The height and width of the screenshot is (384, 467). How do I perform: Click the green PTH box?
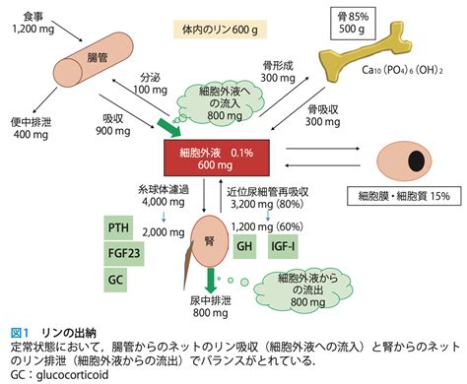[x=118, y=227]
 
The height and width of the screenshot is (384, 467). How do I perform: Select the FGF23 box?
[x=124, y=253]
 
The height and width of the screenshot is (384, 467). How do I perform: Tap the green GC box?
[x=115, y=280]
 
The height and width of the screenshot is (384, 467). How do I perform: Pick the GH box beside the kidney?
[x=244, y=246]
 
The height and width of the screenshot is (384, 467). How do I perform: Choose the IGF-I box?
[x=283, y=246]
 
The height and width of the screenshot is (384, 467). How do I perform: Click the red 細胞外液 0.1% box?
[x=217, y=158]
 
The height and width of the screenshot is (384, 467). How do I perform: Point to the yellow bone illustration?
[x=364, y=53]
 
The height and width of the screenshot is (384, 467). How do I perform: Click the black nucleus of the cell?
[x=417, y=160]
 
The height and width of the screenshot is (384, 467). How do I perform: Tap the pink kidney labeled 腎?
[x=210, y=242]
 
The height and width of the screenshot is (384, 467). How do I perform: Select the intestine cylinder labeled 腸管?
[x=94, y=60]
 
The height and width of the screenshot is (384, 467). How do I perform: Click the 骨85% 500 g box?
[x=353, y=23]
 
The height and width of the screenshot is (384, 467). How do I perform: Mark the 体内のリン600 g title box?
[x=220, y=30]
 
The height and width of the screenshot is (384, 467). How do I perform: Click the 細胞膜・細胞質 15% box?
[x=404, y=196]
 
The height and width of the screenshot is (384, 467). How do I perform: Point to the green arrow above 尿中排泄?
[x=210, y=281]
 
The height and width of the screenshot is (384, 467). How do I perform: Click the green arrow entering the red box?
[x=169, y=128]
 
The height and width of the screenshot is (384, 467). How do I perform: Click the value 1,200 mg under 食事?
[x=33, y=29]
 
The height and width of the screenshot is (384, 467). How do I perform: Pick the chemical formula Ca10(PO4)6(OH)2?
[x=402, y=70]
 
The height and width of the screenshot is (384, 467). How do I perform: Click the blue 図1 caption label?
[x=20, y=333]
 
